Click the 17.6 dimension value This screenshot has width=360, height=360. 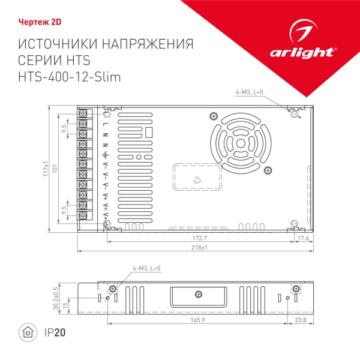pyautogui.click(x=304, y=239)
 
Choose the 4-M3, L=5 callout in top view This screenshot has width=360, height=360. pyautogui.click(x=249, y=92)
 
